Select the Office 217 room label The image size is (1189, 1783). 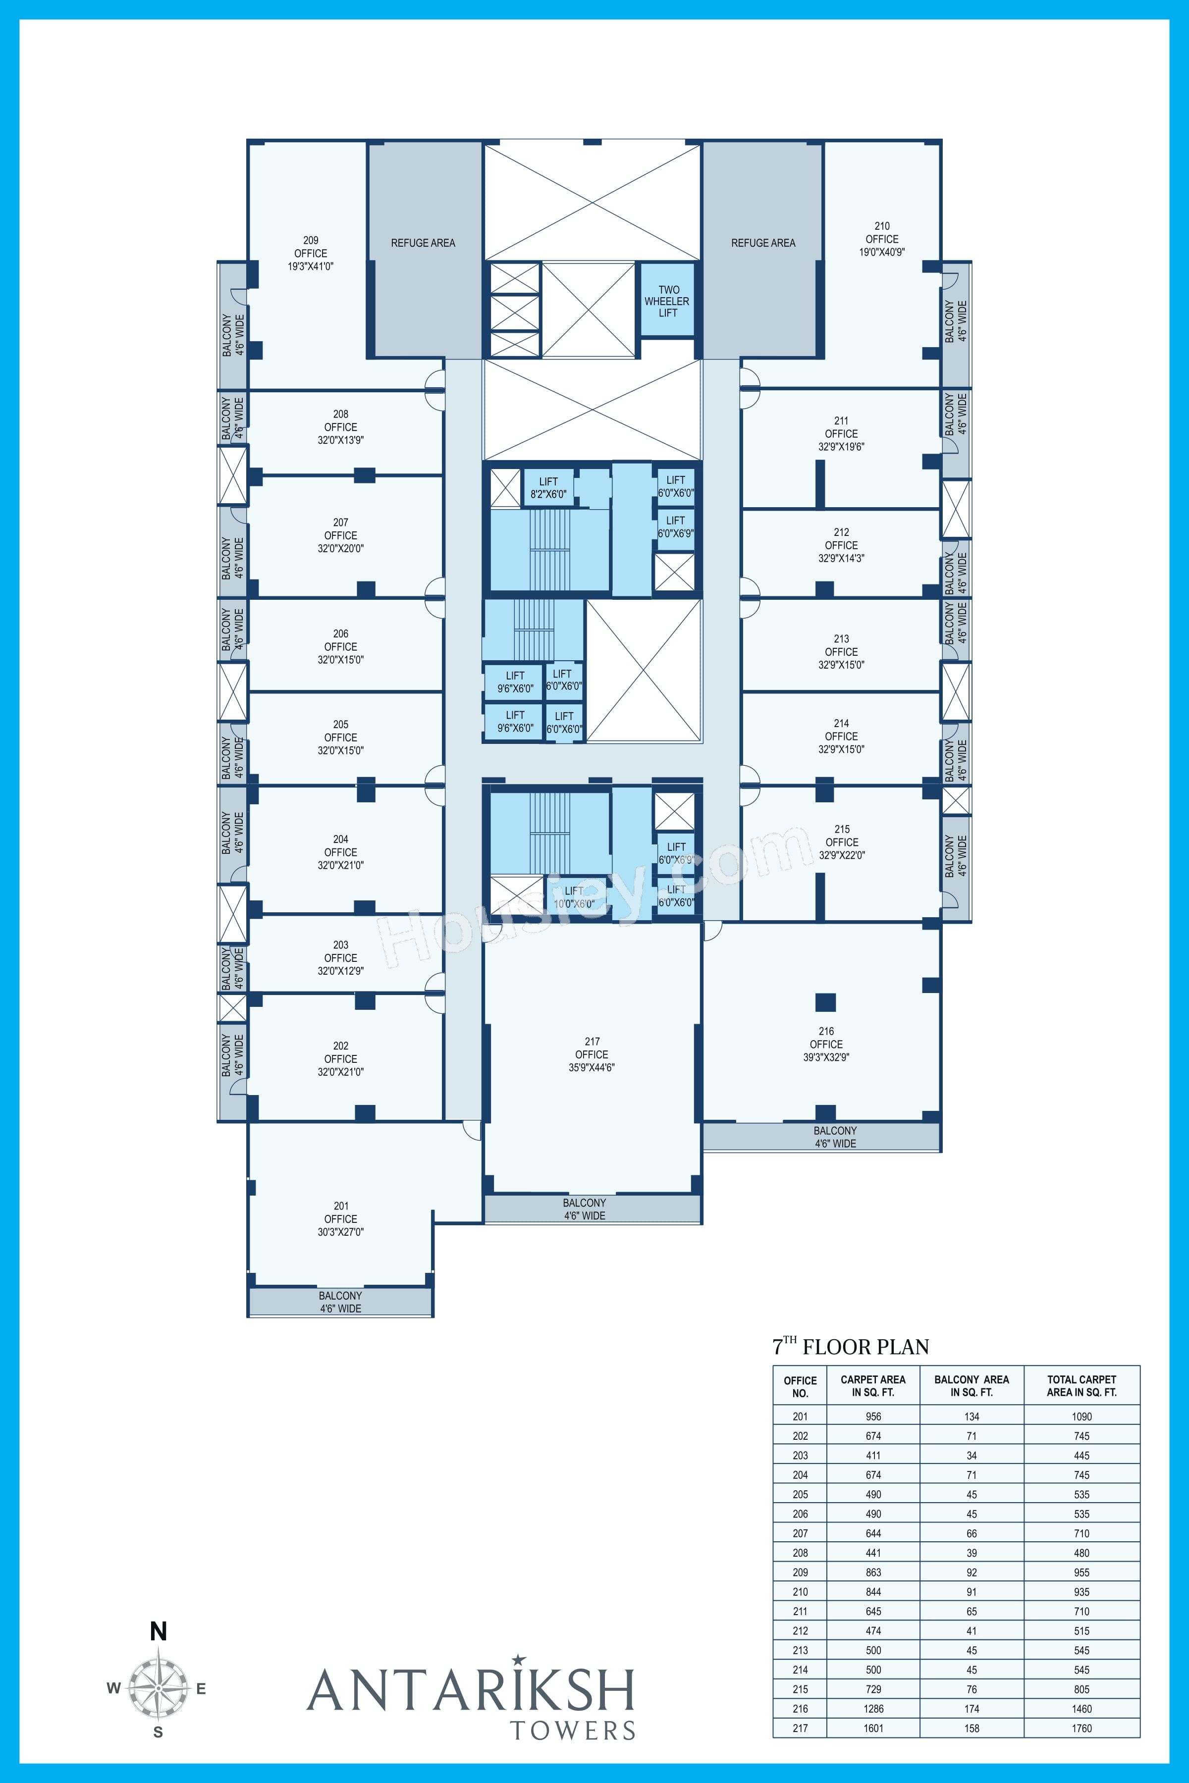click(x=592, y=1054)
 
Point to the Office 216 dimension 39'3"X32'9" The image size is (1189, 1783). click(x=826, y=1057)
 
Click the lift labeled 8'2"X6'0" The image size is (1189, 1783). click(x=548, y=487)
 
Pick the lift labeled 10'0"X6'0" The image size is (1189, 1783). click(x=574, y=897)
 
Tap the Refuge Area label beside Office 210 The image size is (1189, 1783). click(x=763, y=243)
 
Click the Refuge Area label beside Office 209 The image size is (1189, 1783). click(x=423, y=243)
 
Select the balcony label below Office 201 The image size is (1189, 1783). click(x=340, y=1302)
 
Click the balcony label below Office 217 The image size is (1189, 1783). click(x=584, y=1209)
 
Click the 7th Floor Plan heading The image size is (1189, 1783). click(x=851, y=1346)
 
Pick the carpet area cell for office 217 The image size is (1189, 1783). click(x=873, y=1729)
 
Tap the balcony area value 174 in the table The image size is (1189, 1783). click(x=972, y=1709)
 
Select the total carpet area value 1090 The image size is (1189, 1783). click(x=1081, y=1416)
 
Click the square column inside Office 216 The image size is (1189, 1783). click(x=826, y=1002)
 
